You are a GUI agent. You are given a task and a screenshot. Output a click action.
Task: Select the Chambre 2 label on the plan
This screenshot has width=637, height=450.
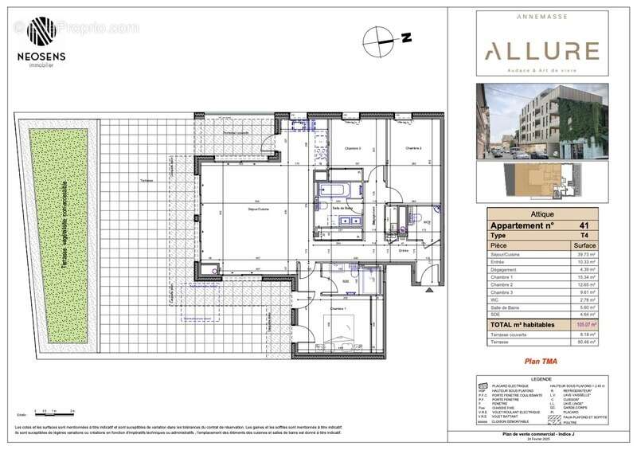point(412,148)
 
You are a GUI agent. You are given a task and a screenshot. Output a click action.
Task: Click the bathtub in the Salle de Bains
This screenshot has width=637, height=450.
point(329,191)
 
